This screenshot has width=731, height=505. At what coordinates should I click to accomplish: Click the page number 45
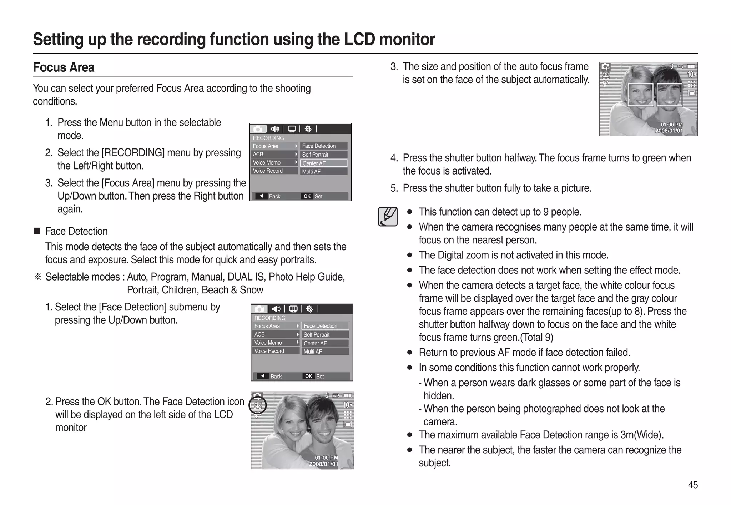point(692,485)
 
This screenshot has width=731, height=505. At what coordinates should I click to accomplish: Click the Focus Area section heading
point(64,67)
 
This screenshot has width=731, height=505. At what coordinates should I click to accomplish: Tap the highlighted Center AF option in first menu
point(323,163)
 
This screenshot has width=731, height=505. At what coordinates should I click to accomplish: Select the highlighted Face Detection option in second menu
point(325,326)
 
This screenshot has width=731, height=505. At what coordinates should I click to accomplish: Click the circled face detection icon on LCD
point(258,405)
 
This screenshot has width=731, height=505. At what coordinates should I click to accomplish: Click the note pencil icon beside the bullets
point(388,216)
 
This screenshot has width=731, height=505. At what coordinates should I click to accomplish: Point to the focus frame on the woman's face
point(640,95)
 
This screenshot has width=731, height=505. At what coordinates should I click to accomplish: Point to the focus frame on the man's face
point(669,95)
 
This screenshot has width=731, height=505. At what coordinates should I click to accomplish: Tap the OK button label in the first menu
point(307,196)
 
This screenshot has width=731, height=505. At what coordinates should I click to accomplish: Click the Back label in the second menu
point(276,376)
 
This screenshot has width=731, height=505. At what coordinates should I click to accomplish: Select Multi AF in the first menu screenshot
point(311,172)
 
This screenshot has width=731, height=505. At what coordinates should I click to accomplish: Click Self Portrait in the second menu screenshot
point(317,334)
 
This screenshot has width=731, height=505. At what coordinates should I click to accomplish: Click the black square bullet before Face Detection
point(37,231)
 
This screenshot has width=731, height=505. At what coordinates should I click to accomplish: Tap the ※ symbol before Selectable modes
point(37,277)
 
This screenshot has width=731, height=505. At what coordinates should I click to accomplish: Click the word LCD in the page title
point(359,39)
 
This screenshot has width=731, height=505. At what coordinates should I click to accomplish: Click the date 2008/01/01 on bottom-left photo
point(323,464)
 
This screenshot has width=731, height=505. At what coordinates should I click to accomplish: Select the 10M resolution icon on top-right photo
point(691,74)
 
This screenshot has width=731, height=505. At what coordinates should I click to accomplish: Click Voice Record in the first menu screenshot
point(268,171)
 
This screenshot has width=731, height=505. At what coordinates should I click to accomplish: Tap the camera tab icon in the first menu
point(258,129)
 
